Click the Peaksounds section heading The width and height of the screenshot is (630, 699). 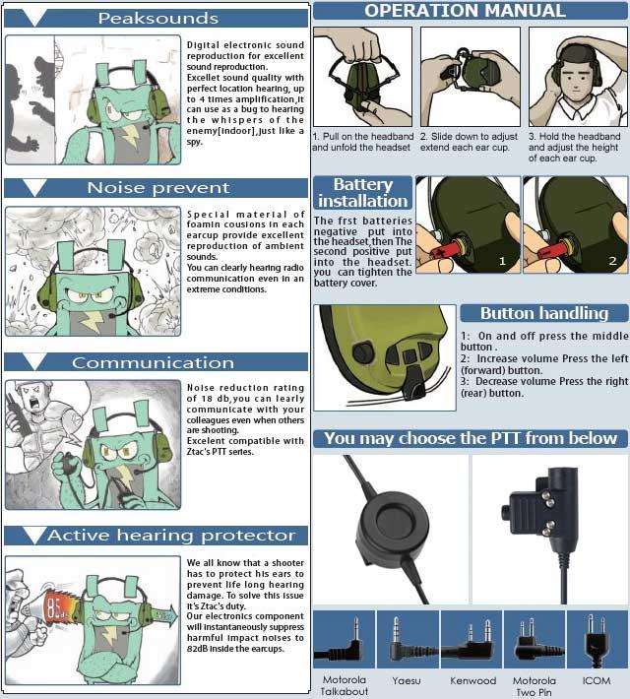(x=158, y=19)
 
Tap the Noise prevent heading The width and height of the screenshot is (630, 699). (x=158, y=188)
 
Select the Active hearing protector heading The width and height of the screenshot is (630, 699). (x=171, y=535)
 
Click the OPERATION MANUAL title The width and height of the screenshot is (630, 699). (x=465, y=10)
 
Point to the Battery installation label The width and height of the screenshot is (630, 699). (x=362, y=193)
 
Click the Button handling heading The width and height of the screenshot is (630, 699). (x=544, y=313)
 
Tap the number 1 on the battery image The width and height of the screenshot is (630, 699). (x=502, y=261)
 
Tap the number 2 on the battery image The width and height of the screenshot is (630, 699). (x=612, y=261)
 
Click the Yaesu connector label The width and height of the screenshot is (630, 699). (x=407, y=680)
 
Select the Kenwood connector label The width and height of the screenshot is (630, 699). (x=472, y=680)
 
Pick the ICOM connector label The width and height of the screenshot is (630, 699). (x=597, y=680)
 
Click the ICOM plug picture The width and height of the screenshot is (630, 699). (x=597, y=639)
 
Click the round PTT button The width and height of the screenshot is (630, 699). (x=393, y=523)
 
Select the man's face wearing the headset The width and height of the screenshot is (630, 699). (x=574, y=83)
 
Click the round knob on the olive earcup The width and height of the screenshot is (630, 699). (x=363, y=352)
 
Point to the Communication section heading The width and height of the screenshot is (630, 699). (x=153, y=362)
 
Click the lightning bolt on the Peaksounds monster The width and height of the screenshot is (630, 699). (x=130, y=137)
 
